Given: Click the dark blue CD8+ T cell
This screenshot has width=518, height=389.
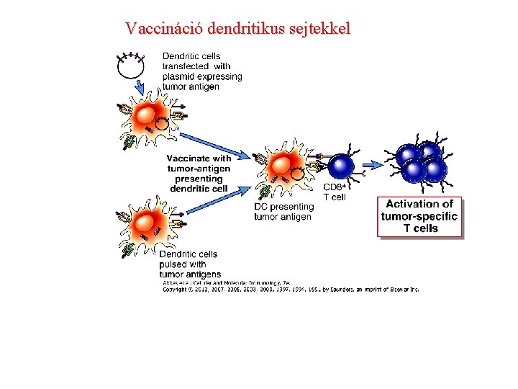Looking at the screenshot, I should pos(341,167).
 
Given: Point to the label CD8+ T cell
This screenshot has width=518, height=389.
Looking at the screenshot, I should pos(336,192).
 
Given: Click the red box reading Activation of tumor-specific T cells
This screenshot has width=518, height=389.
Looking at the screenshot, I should pos(419,216).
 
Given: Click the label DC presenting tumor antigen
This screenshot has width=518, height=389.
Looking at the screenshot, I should pos(283,212).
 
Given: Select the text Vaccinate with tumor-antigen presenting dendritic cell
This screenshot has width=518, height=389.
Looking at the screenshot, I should pos(199,173).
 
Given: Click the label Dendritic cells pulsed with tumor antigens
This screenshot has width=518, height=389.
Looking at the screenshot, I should pos(189,264).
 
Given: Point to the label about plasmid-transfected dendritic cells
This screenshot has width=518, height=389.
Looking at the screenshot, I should pos(201,71).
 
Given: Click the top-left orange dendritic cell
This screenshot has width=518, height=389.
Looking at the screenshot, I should pos(150,116).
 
